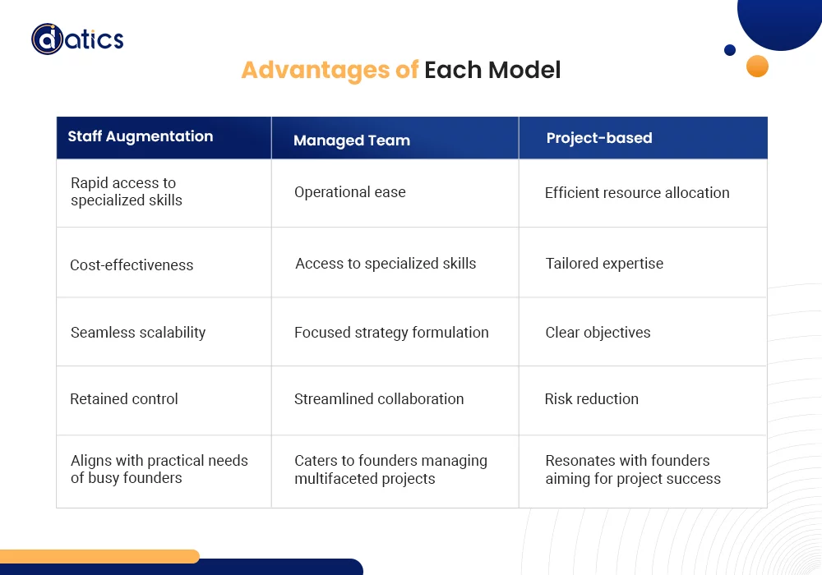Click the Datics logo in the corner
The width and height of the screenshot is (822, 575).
point(77,39)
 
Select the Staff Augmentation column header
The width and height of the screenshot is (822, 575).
point(140,137)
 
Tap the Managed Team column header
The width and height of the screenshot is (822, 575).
point(352,140)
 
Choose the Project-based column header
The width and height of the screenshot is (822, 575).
point(599,138)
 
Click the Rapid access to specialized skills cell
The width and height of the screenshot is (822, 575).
point(127,191)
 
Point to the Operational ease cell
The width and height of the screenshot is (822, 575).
point(350,192)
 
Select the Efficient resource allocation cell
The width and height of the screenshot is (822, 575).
point(637,193)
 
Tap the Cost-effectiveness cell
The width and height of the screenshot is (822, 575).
point(132,265)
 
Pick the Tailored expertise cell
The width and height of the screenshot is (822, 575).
point(604,264)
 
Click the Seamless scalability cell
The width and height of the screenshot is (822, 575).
point(138,333)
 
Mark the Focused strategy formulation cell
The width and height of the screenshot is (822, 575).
point(391,333)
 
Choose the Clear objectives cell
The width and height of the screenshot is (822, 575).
point(598,333)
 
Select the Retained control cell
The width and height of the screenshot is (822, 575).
point(124,399)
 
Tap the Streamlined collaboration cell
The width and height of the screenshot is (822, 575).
point(379,399)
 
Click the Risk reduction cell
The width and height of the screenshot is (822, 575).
point(591,399)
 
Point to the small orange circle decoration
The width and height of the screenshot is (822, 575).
point(757,67)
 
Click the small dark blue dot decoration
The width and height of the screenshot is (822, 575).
point(729,50)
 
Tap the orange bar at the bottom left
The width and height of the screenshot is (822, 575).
point(99,556)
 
